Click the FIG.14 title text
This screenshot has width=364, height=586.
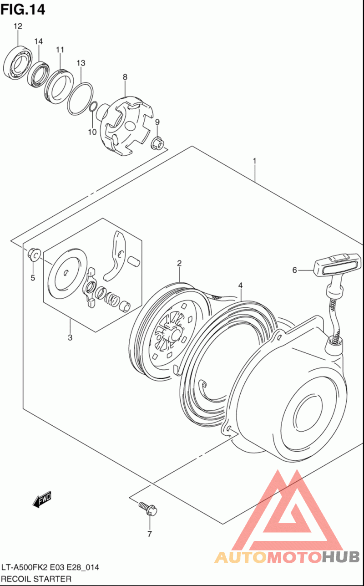(23, 9)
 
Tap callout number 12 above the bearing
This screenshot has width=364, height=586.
(18, 26)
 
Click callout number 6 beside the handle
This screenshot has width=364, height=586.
(294, 270)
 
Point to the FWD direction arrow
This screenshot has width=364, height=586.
(42, 500)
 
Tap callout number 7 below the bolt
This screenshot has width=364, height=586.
(149, 534)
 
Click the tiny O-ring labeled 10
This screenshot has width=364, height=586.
(92, 108)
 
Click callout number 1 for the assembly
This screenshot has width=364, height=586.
(255, 161)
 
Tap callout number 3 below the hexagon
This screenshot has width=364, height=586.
(70, 337)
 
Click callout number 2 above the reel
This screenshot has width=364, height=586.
(179, 263)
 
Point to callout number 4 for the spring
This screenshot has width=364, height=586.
(240, 285)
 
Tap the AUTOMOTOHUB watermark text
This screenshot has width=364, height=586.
(287, 556)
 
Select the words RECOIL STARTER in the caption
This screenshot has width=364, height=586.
(36, 579)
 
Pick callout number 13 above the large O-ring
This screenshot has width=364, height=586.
(81, 63)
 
